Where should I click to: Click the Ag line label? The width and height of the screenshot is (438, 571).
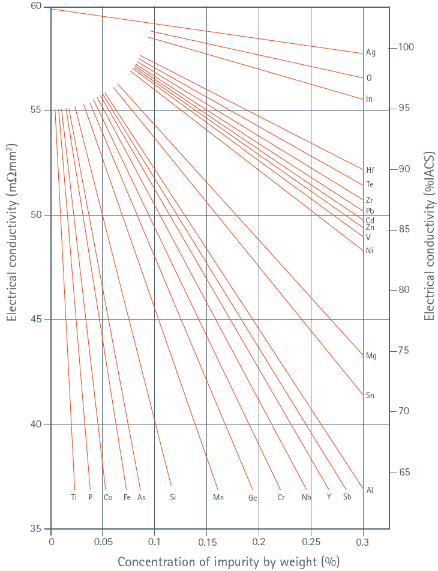coord(371,53)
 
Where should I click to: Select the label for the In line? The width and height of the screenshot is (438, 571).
coord(369,99)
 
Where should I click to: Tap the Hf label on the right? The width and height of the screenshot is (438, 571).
coord(370,171)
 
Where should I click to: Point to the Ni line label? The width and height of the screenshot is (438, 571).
coord(370,250)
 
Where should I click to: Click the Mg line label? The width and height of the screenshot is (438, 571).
coord(371,356)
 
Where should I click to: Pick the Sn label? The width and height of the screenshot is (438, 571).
coord(370,396)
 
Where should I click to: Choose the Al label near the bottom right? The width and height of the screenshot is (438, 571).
coord(370,491)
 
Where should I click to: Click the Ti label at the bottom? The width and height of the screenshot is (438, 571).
coord(74,497)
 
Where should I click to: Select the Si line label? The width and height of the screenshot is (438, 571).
coord(173,497)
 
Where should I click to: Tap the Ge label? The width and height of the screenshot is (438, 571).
coord(253,498)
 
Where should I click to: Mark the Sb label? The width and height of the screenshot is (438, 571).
coord(347,497)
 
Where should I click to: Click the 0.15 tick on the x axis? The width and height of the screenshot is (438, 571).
coord(206,542)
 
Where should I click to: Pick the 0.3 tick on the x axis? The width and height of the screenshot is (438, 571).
coord(362,542)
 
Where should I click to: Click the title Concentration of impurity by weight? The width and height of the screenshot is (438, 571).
coord(228,562)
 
